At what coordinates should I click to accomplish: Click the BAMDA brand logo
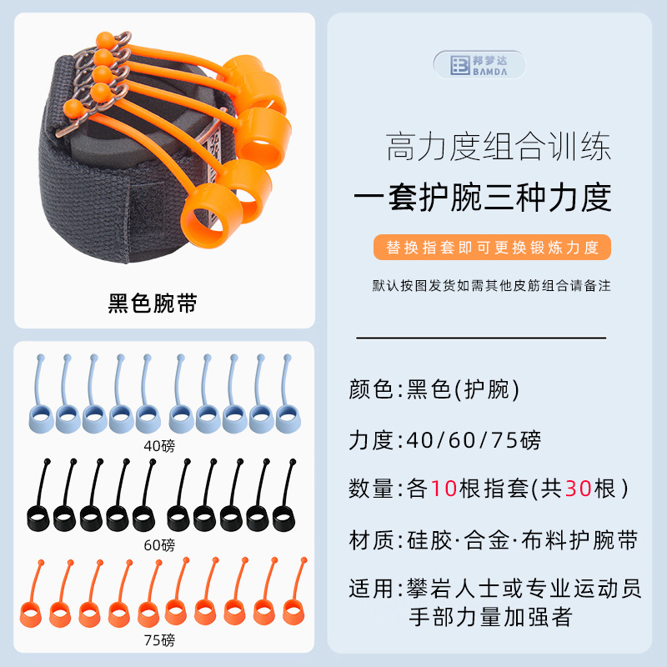[479, 65]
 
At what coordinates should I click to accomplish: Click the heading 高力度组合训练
[499, 148]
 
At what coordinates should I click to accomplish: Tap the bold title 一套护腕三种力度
[483, 198]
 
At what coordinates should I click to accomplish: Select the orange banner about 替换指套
[491, 248]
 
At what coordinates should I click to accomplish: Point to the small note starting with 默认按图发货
[491, 285]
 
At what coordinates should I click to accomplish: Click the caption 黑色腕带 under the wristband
[153, 303]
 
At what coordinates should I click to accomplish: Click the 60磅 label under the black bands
[159, 545]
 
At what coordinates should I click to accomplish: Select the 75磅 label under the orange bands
[159, 640]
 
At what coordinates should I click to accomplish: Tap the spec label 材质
[370, 540]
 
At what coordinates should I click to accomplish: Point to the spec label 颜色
[370, 389]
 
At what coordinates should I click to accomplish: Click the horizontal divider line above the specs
[481, 338]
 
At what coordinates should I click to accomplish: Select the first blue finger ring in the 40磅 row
[42, 419]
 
